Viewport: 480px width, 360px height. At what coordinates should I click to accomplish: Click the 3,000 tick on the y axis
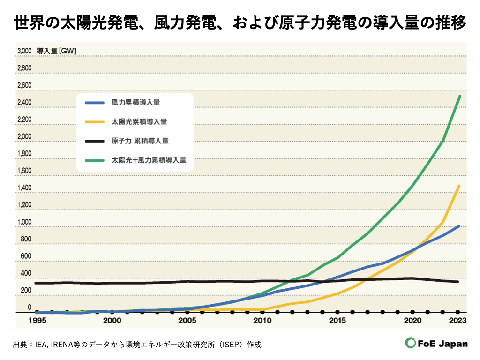coord(24,51)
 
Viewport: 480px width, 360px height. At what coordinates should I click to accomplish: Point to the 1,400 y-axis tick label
coord(24,188)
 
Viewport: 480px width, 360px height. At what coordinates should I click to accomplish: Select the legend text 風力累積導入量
coord(133,102)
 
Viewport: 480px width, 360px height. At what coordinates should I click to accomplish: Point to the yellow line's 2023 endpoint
coord(459,186)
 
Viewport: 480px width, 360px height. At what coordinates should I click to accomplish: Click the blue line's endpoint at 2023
coord(459,226)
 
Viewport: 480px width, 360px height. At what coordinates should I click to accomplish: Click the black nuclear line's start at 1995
coord(36,283)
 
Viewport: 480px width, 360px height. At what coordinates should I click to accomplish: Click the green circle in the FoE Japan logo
coord(411,344)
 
